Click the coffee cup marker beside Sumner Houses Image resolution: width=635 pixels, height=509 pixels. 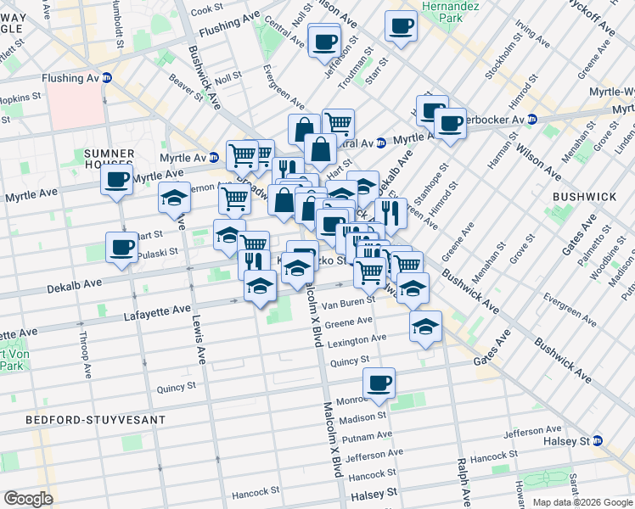click(x=116, y=179)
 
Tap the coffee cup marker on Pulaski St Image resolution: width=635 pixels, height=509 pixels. click(x=121, y=248)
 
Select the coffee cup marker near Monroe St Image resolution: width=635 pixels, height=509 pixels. click(x=379, y=383)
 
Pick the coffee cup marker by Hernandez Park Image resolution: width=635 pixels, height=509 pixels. click(x=401, y=25)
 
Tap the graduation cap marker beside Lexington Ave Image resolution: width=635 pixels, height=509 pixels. click(x=425, y=325)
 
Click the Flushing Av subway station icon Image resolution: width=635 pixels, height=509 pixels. click(x=108, y=77)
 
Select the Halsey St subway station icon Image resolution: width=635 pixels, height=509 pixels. click(x=598, y=441)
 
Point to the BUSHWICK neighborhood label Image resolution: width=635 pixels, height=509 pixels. click(x=584, y=197)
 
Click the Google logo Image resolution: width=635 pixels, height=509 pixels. click(x=28, y=499)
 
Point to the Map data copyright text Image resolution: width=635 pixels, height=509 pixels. click(x=582, y=502)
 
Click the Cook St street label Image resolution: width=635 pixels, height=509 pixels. click(x=206, y=11)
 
